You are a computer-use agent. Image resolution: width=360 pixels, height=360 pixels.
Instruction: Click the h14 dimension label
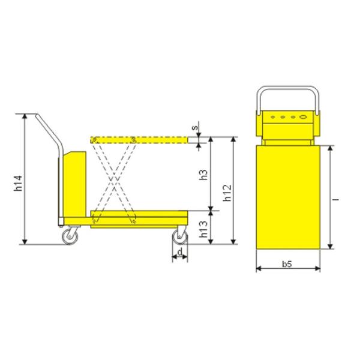[18, 183]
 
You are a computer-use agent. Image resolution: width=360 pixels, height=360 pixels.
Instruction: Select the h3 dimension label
[203, 175]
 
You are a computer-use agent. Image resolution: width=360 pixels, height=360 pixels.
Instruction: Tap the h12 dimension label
[227, 193]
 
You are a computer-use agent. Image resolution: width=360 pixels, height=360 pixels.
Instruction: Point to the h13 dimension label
[203, 229]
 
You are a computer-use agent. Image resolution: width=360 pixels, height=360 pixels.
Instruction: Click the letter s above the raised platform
[195, 127]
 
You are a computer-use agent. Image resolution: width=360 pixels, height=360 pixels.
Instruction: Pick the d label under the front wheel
[180, 252]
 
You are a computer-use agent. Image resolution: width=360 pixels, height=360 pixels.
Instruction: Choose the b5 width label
[287, 264]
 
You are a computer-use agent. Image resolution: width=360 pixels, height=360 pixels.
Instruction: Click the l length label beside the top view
[337, 200]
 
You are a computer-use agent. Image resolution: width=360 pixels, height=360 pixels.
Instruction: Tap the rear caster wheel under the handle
[70, 236]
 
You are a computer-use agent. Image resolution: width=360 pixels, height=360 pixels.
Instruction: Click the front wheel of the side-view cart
[180, 236]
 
